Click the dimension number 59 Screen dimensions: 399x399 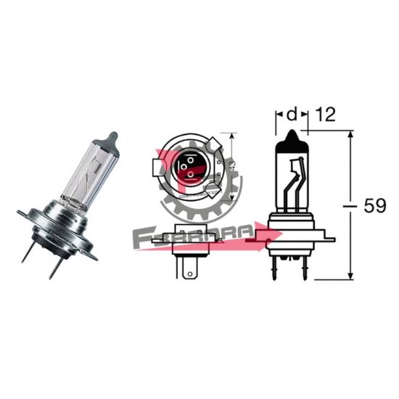(374, 206)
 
